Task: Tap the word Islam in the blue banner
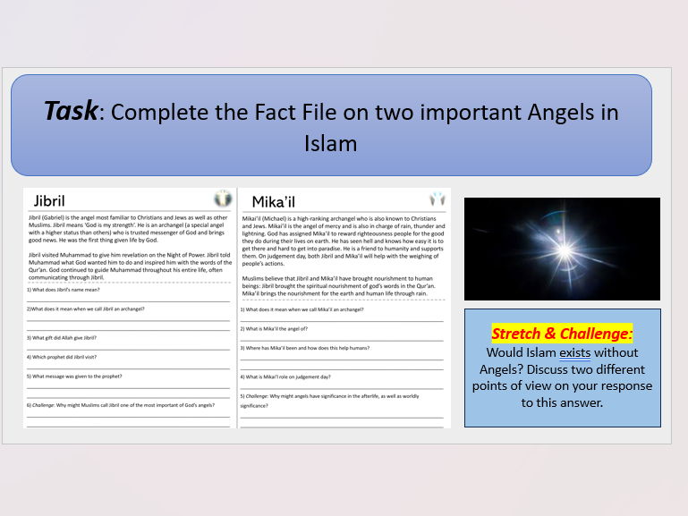point(331,144)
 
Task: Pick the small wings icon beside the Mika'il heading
point(437,199)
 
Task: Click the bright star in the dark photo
point(548,246)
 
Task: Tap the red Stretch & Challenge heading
point(563,334)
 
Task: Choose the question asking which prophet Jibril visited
point(63,356)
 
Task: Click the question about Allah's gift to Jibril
point(63,337)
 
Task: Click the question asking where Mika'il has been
point(305,347)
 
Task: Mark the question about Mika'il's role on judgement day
point(285,376)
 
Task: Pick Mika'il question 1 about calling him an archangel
point(302,309)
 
